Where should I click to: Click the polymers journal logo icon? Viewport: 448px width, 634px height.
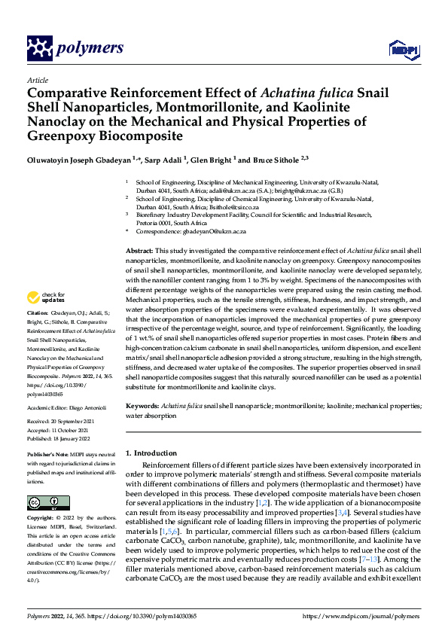[x=38, y=48]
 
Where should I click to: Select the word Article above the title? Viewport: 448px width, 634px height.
[x=37, y=80]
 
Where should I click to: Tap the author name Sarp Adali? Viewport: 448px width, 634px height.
[x=166, y=160]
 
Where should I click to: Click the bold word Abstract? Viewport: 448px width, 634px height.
[x=139, y=249]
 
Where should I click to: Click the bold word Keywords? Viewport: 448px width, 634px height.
[x=142, y=405]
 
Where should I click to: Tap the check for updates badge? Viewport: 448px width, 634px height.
[x=45, y=297]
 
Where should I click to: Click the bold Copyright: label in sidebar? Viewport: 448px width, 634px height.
[x=42, y=519]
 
